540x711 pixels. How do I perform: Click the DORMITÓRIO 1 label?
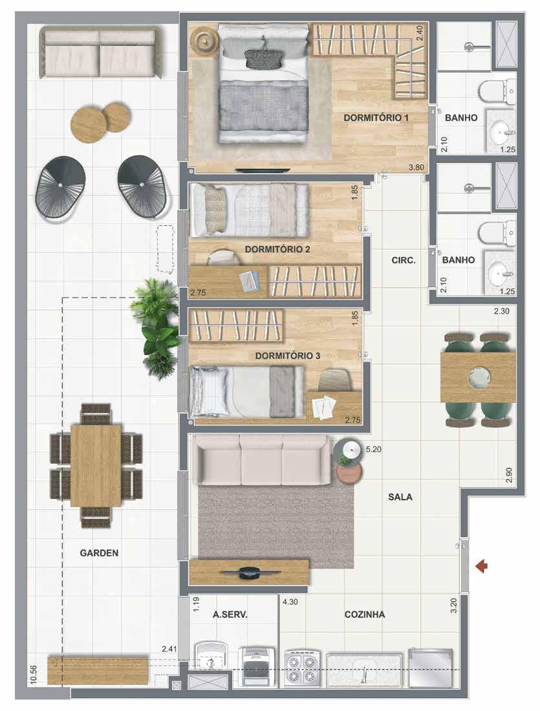click(376, 118)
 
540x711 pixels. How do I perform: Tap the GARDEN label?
click(99, 552)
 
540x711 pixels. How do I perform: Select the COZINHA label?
click(365, 615)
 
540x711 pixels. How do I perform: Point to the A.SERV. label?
click(230, 615)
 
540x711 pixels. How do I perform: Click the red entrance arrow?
click(482, 566)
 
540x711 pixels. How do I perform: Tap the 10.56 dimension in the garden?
click(33, 675)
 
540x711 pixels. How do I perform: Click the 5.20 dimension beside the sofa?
click(373, 450)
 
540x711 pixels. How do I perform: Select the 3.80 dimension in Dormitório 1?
click(416, 168)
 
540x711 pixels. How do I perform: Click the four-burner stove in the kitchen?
click(303, 668)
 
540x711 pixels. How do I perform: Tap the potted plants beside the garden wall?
click(156, 327)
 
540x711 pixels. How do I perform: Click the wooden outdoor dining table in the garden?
click(96, 465)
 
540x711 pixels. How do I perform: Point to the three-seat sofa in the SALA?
click(261, 459)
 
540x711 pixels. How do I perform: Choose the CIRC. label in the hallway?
click(403, 260)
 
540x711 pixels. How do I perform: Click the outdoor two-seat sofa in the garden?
click(101, 52)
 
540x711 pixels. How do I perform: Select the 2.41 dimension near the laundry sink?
click(169, 649)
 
